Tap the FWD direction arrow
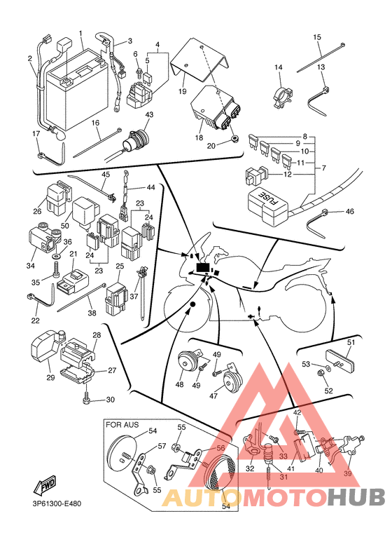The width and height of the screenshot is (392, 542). click(45, 485)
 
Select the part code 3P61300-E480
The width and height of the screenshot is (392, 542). click(55, 504)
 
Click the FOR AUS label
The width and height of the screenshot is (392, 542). click(122, 424)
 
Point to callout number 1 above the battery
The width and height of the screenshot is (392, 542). click(80, 34)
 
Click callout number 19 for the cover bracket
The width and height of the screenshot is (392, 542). click(182, 91)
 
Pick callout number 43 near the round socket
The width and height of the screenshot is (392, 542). click(149, 114)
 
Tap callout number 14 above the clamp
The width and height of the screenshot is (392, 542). click(279, 67)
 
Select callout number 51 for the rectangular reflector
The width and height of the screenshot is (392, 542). click(351, 342)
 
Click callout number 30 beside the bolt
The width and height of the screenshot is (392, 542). click(110, 400)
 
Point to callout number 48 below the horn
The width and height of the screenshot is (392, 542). click(179, 384)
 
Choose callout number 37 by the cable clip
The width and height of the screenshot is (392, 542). click(134, 296)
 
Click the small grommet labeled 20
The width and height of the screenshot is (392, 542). click(234, 140)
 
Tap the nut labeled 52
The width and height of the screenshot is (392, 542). click(319, 373)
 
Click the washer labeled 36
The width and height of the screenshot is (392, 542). click(55, 257)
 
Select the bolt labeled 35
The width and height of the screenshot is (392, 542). click(56, 270)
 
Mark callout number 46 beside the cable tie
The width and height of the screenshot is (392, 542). click(349, 211)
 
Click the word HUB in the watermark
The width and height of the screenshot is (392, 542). click(356, 497)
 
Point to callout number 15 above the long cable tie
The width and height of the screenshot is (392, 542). click(317, 37)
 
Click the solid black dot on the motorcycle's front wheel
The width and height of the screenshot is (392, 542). click(192, 304)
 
